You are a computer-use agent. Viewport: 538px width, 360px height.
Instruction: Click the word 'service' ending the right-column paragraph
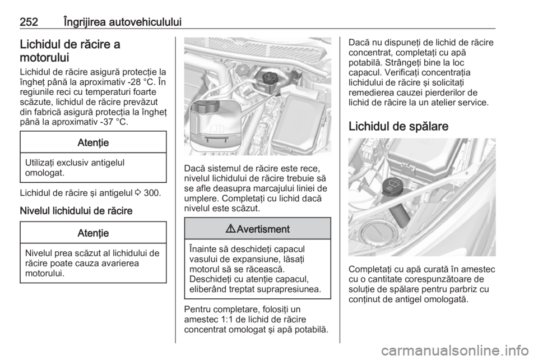474,103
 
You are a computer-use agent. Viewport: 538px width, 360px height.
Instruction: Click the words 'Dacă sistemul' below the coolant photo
210,167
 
